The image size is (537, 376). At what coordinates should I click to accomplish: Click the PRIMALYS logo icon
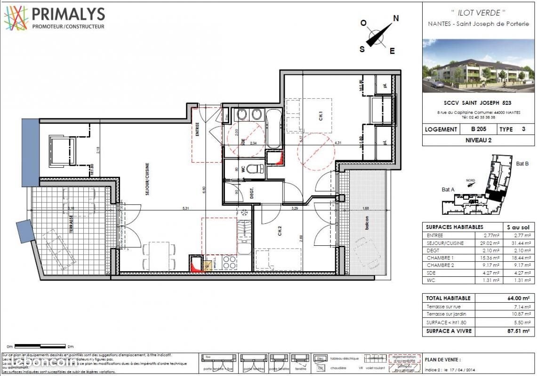coord(16,18)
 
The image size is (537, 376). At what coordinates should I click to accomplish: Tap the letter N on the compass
coord(396,18)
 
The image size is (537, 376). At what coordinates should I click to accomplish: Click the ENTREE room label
coord(198,129)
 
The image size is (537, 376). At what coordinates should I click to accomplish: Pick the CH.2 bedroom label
coord(280,231)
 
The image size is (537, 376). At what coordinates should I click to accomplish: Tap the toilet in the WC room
coord(254,169)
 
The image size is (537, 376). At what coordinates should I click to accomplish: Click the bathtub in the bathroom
coord(273,129)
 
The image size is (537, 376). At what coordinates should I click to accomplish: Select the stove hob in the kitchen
coord(229,262)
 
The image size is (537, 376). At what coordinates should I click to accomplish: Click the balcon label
coord(365,224)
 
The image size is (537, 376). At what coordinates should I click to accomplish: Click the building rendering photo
coord(478,65)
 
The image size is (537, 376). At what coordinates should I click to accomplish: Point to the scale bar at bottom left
coord(40,346)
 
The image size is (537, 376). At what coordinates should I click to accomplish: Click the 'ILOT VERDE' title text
coord(478,13)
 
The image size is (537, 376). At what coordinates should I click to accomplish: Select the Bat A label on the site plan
coord(449,189)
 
